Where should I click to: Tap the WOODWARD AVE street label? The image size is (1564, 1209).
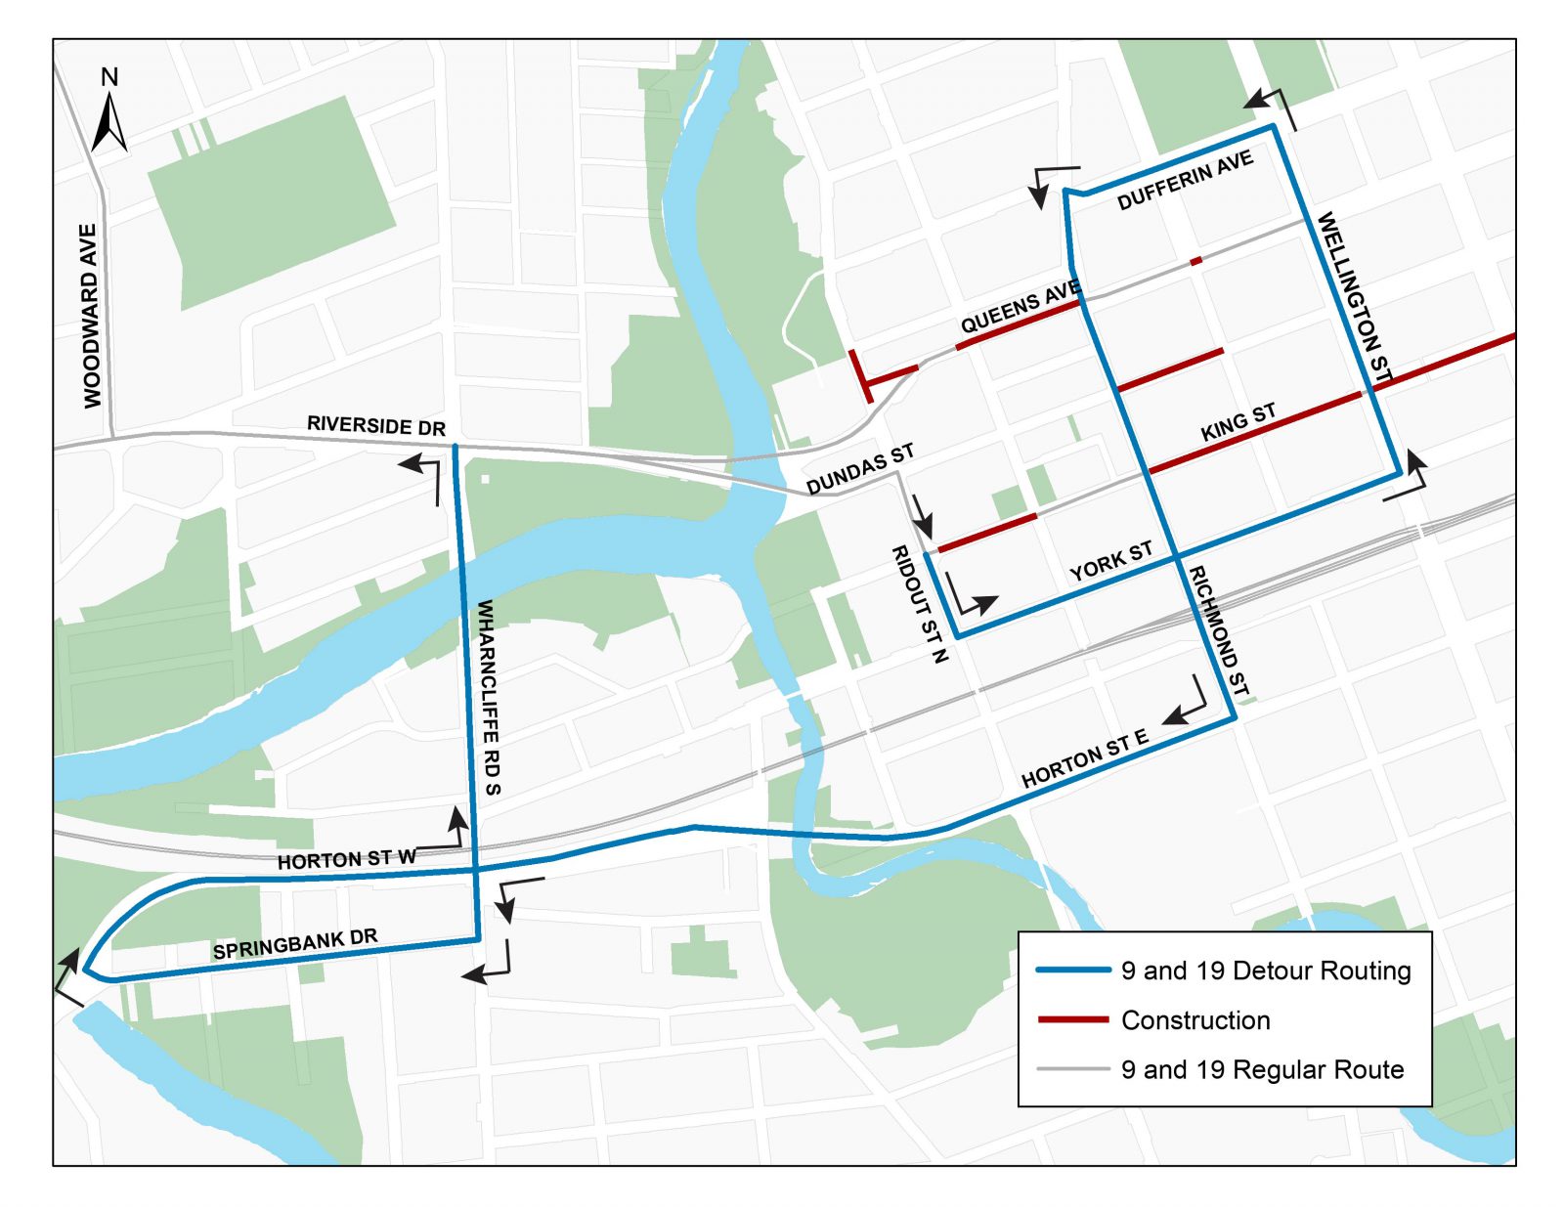pos(91,316)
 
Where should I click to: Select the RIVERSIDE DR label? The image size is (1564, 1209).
pos(376,425)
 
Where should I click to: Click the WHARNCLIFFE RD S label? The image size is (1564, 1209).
pos(488,698)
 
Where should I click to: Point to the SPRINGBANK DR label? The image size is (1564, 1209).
pos(294,944)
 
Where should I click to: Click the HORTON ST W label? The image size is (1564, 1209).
pos(347,859)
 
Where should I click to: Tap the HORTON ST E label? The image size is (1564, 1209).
pos(1084,759)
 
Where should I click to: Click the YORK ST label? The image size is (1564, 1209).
pos(1110,562)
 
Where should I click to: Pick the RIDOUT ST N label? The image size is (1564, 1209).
pos(920,604)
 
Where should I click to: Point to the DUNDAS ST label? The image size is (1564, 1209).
pos(860,468)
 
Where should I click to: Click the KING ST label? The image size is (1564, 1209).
pos(1238,421)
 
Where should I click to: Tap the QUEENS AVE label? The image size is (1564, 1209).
pos(1020,306)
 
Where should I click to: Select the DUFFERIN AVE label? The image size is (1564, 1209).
pos(1185,181)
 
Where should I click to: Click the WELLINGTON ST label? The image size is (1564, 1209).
pos(1354,296)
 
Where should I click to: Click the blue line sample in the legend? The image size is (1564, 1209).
pos(1072,970)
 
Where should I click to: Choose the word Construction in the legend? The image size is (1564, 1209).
pos(1195,1019)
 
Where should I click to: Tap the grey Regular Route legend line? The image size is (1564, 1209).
pos(1072,1069)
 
